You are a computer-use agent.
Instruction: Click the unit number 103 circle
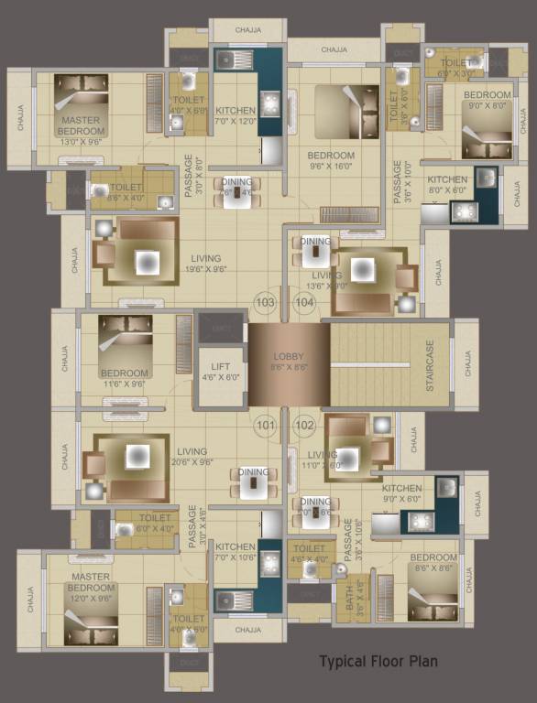click(266, 302)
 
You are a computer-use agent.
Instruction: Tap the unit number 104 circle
click(303, 302)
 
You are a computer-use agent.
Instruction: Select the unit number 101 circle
click(266, 425)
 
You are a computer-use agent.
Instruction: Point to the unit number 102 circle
click(304, 425)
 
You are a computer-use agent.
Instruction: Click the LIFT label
click(222, 371)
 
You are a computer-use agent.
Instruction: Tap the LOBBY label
click(288, 362)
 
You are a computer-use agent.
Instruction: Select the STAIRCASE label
click(430, 368)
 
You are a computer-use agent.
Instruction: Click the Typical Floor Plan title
click(378, 660)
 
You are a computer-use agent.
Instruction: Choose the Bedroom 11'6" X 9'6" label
click(125, 379)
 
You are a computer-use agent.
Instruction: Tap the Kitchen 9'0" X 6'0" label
click(401, 494)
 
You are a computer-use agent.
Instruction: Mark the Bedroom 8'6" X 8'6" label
click(433, 563)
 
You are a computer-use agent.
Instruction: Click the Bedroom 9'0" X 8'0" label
click(487, 100)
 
